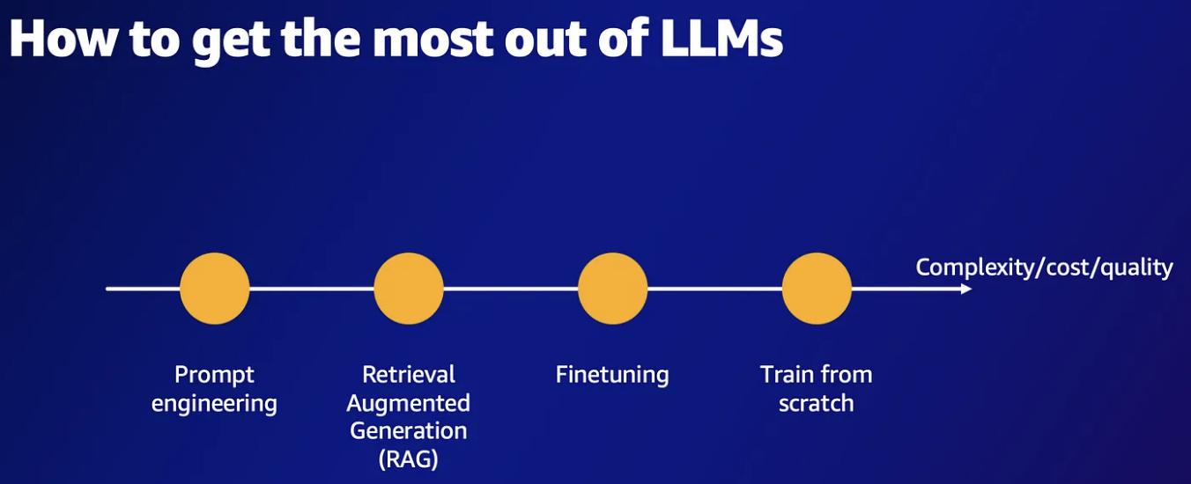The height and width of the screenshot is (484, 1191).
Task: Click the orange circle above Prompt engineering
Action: [214, 289]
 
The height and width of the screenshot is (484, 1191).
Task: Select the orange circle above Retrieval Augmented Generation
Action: [408, 289]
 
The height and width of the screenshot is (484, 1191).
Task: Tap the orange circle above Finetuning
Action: [612, 289]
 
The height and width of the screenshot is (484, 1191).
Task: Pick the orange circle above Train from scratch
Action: [817, 289]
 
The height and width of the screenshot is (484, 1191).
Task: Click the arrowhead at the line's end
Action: [966, 289]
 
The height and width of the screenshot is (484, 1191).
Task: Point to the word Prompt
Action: [214, 375]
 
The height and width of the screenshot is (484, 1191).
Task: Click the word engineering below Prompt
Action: [214, 404]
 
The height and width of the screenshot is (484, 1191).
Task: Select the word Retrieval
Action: [409, 375]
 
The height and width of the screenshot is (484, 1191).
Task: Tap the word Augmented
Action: [408, 404]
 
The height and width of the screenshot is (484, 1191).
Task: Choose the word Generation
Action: [408, 431]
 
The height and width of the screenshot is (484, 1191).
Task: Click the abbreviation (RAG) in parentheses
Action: [408, 459]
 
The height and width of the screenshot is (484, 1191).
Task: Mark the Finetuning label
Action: [612, 375]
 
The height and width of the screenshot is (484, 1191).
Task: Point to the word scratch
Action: [817, 404]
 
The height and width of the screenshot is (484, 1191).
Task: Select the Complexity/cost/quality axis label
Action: [1044, 268]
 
